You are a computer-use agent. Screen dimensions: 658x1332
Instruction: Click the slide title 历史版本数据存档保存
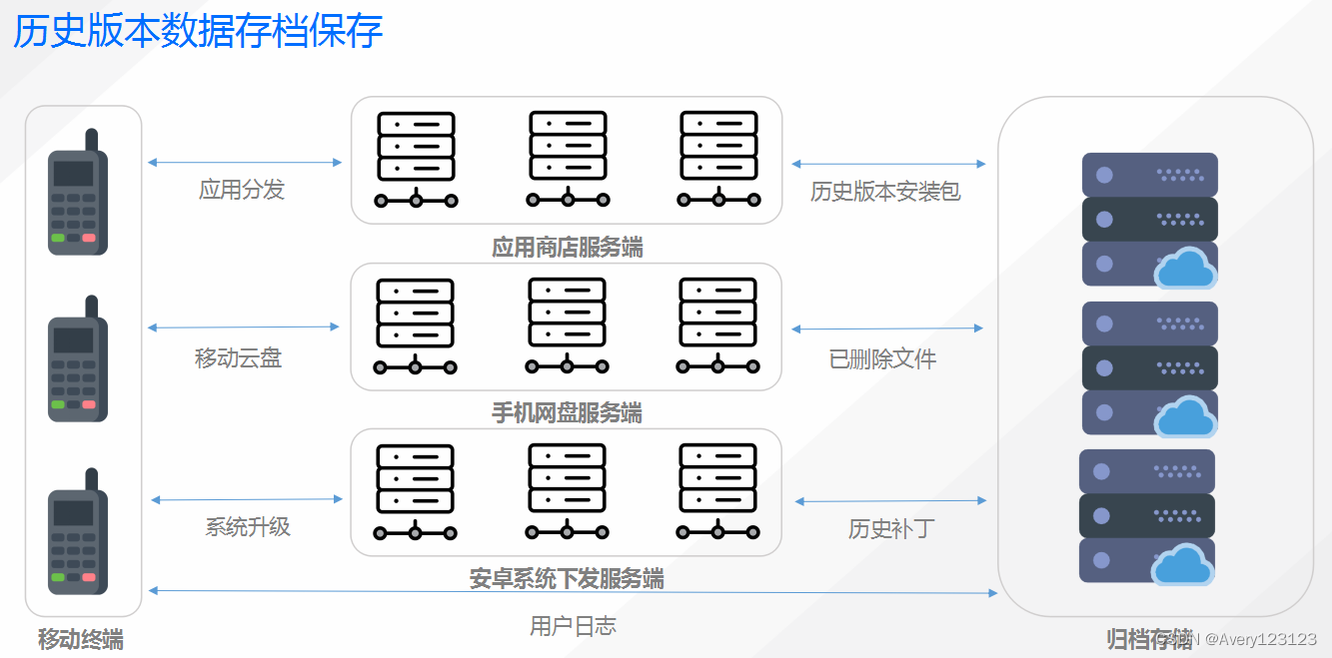pyautogui.click(x=198, y=31)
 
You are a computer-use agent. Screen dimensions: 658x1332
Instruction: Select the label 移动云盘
pyautogui.click(x=238, y=357)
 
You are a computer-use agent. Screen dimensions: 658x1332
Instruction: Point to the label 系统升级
pyautogui.click(x=248, y=526)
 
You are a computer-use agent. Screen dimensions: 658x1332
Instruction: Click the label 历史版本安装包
pyautogui.click(x=885, y=192)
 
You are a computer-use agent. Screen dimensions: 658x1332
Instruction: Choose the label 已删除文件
pyautogui.click(x=882, y=358)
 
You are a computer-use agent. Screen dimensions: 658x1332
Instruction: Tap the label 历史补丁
pyautogui.click(x=890, y=528)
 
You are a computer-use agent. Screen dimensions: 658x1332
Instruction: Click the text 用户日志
pyautogui.click(x=573, y=626)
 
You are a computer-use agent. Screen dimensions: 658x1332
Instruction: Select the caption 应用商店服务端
pyautogui.click(x=567, y=247)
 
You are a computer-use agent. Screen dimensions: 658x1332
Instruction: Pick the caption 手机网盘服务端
pyautogui.click(x=567, y=412)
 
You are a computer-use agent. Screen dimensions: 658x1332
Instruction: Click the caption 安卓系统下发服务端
pyautogui.click(x=567, y=579)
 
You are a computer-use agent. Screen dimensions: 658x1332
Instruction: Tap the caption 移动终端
pyautogui.click(x=81, y=640)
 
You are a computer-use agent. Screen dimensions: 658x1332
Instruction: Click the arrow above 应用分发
pyautogui.click(x=245, y=162)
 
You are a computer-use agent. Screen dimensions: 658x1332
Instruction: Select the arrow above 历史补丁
pyautogui.click(x=890, y=501)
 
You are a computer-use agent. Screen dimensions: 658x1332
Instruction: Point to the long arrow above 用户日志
pyautogui.click(x=573, y=592)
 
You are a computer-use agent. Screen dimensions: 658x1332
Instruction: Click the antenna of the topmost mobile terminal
pyautogui.click(x=91, y=140)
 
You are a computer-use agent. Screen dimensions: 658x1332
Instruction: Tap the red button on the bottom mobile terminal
pyautogui.click(x=89, y=577)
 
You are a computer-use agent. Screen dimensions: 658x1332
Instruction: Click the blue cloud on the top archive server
pyautogui.click(x=1186, y=268)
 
